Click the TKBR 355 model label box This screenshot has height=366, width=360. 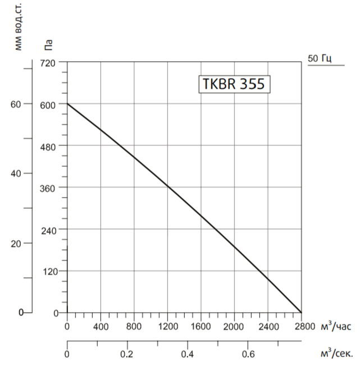(234, 84)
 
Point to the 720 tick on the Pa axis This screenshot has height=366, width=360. (48, 62)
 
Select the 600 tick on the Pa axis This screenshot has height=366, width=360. (48, 104)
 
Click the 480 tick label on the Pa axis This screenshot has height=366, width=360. (48, 146)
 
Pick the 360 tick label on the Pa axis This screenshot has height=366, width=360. (48, 187)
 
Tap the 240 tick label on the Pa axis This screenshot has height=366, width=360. (48, 230)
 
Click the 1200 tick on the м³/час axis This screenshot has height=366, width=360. (167, 326)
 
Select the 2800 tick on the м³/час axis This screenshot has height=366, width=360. (301, 326)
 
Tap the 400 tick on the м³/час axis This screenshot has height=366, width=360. (101, 326)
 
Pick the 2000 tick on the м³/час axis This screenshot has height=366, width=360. (234, 326)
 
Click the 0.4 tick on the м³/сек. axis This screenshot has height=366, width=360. (188, 354)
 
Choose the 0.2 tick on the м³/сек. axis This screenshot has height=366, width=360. (127, 354)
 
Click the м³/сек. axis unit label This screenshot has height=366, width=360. (336, 354)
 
